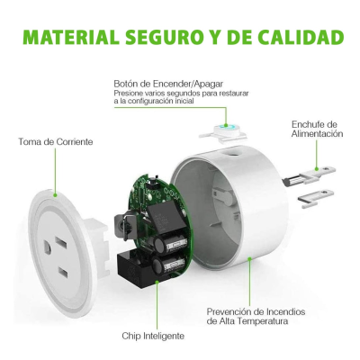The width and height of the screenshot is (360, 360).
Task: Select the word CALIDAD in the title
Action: [304, 38]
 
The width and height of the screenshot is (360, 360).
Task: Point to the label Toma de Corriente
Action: [56, 141]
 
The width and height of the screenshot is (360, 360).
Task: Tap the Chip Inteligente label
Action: [153, 335]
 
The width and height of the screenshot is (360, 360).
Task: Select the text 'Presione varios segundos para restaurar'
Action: [181, 93]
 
